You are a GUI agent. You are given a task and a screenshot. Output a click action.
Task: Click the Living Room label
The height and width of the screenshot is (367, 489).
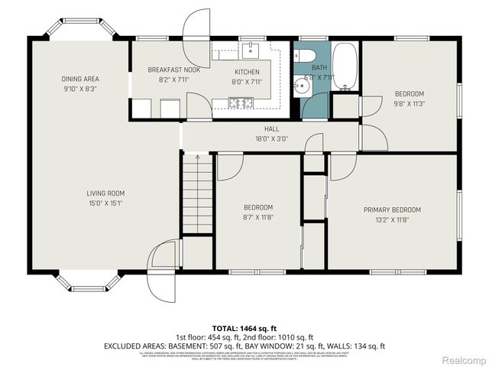[105, 193]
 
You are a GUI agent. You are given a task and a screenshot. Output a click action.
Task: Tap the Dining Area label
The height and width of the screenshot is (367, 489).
[80, 79]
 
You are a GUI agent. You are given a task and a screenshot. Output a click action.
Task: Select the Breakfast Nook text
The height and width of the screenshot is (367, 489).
[169, 70]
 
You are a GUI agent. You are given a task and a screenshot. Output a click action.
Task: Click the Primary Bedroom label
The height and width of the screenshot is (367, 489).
[392, 209]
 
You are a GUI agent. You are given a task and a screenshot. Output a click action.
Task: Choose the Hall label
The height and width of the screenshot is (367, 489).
[271, 129]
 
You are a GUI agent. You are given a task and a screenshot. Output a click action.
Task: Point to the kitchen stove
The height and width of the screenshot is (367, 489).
[241, 102]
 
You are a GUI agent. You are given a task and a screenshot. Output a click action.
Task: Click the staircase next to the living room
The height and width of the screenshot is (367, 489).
[197, 193]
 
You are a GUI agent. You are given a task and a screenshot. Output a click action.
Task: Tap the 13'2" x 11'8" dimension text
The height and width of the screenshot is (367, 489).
[392, 219]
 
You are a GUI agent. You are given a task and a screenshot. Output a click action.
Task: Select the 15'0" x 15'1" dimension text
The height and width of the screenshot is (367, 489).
[105, 203]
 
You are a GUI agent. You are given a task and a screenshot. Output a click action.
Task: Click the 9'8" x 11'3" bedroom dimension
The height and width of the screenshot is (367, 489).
[409, 104]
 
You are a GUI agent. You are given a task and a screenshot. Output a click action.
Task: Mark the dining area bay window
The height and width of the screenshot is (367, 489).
[80, 28]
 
